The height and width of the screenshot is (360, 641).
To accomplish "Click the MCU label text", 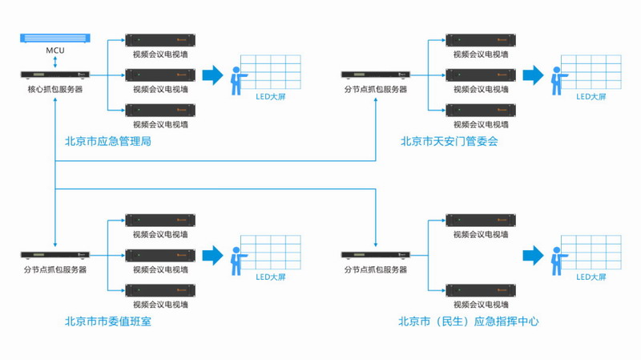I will (x=55, y=51).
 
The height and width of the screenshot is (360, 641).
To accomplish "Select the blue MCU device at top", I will (x=55, y=37).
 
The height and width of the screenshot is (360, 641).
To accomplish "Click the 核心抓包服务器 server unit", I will (x=55, y=75).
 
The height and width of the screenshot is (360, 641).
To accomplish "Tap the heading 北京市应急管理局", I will (x=108, y=141).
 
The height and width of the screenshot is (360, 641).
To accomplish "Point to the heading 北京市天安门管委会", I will (x=450, y=141).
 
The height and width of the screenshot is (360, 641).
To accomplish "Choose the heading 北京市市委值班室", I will (x=108, y=322).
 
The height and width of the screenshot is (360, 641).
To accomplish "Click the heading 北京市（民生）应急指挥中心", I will (x=469, y=322).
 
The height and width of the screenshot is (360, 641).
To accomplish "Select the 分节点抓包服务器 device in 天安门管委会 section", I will (x=375, y=75).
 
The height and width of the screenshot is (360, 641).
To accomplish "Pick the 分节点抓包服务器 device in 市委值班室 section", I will (x=55, y=256).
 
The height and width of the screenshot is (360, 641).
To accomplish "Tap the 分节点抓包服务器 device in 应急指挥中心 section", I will (x=375, y=256).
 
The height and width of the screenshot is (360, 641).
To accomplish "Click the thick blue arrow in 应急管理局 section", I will (x=212, y=75).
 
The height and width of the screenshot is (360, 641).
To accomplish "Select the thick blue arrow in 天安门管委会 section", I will (x=534, y=75).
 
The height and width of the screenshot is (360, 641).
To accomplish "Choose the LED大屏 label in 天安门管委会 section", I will (x=591, y=97).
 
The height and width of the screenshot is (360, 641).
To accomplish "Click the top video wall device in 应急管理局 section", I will (x=160, y=39).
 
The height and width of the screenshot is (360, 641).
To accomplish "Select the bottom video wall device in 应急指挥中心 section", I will (x=481, y=290).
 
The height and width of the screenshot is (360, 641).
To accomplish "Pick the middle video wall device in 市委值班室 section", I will (x=160, y=256).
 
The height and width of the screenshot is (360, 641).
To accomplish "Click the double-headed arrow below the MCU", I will (x=55, y=61).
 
